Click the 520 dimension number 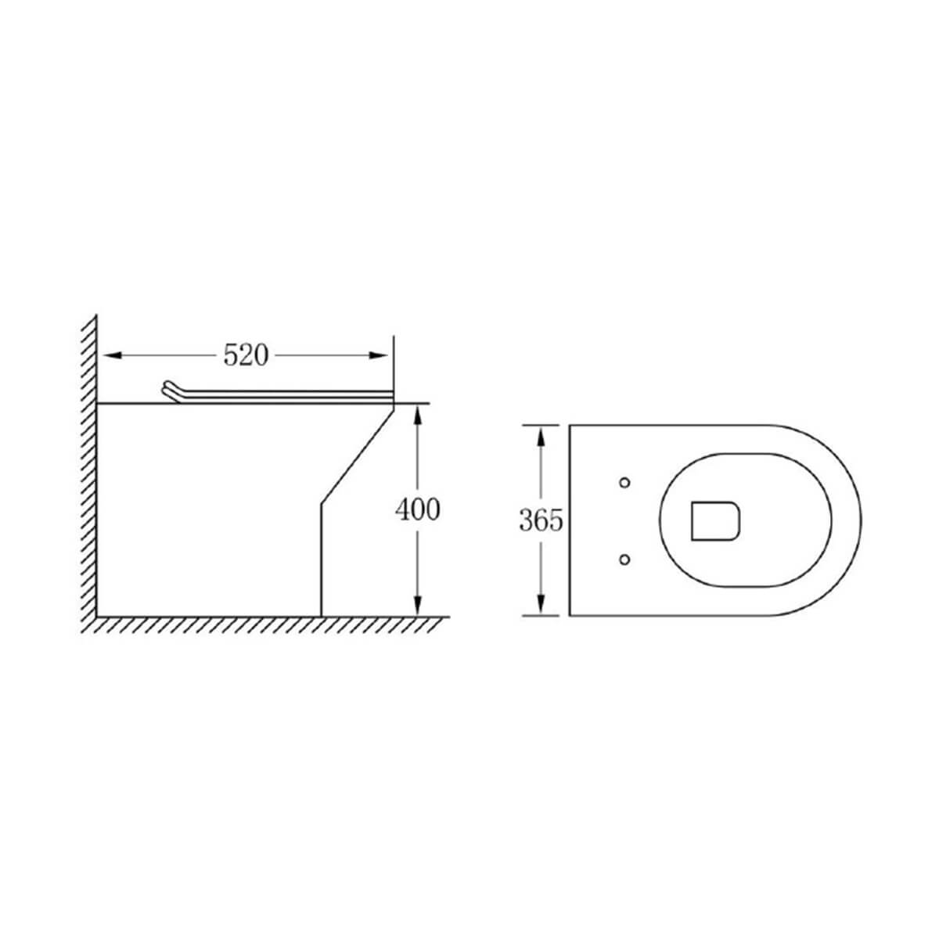tap(246, 355)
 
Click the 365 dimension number tap(541, 520)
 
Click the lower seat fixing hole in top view tap(624, 558)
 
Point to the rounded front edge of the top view tap(860, 520)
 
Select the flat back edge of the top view tap(570, 520)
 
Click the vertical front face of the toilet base tap(322, 559)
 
